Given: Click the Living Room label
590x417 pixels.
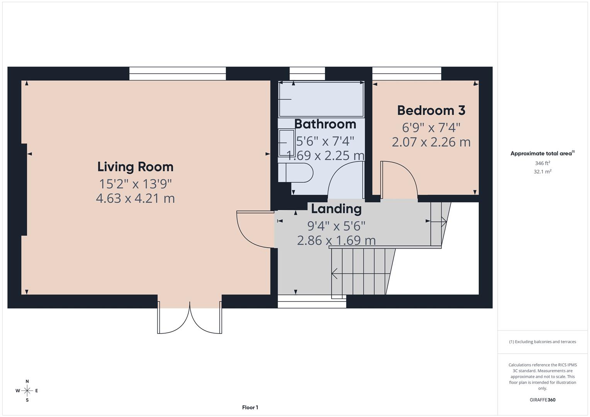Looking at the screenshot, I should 135,167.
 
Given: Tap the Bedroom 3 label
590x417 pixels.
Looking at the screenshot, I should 431,110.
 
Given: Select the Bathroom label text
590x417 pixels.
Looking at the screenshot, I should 325,124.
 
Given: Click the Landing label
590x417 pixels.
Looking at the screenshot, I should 336,208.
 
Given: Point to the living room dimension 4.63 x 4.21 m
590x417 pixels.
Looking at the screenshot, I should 135,198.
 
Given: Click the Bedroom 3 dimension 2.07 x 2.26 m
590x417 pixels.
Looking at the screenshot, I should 431,142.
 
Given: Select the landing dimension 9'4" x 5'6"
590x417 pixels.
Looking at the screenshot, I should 336,225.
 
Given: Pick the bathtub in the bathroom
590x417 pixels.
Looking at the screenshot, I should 321,99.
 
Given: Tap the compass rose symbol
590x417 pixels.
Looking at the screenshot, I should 27,391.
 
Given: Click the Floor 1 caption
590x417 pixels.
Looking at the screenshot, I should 250,407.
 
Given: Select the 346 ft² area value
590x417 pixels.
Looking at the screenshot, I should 542,163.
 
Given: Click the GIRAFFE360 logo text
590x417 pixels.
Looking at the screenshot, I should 542,400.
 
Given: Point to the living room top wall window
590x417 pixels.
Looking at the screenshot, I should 177,73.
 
